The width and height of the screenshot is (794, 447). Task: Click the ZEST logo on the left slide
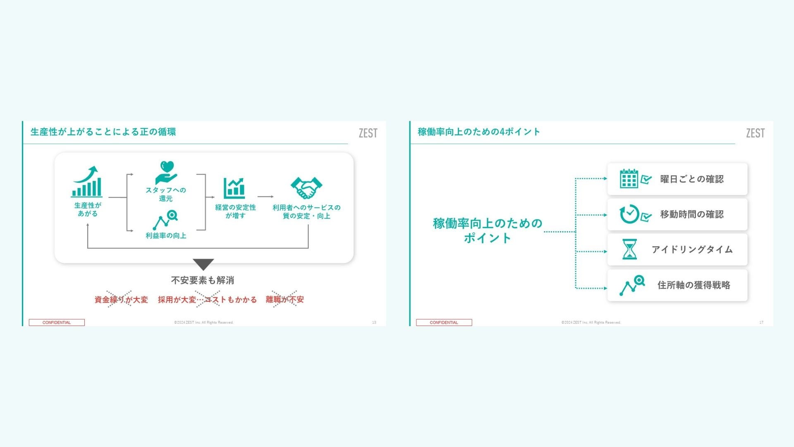click(368, 133)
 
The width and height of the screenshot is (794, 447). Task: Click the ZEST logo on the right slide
click(755, 133)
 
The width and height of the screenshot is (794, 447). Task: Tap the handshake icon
click(306, 188)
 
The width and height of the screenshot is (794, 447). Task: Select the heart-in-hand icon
click(166, 173)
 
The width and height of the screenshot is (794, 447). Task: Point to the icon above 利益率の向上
click(165, 220)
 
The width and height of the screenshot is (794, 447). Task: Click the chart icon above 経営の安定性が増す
click(234, 188)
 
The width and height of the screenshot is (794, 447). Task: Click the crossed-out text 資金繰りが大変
click(121, 299)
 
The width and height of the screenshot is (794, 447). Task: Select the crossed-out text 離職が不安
click(285, 299)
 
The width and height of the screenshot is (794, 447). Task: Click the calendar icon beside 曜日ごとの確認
click(629, 179)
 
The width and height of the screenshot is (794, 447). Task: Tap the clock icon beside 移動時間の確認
click(629, 214)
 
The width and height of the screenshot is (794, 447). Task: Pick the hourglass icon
click(629, 249)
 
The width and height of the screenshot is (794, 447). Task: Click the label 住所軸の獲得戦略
click(694, 285)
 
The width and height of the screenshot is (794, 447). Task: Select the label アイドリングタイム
click(692, 249)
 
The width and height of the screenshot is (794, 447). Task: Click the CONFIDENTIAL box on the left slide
click(57, 322)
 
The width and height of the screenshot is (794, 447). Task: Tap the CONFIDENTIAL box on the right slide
click(444, 322)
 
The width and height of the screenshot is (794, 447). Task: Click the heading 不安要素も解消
click(203, 280)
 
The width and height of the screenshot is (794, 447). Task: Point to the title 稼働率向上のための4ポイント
click(479, 132)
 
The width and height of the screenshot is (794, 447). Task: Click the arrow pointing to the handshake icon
click(265, 197)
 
